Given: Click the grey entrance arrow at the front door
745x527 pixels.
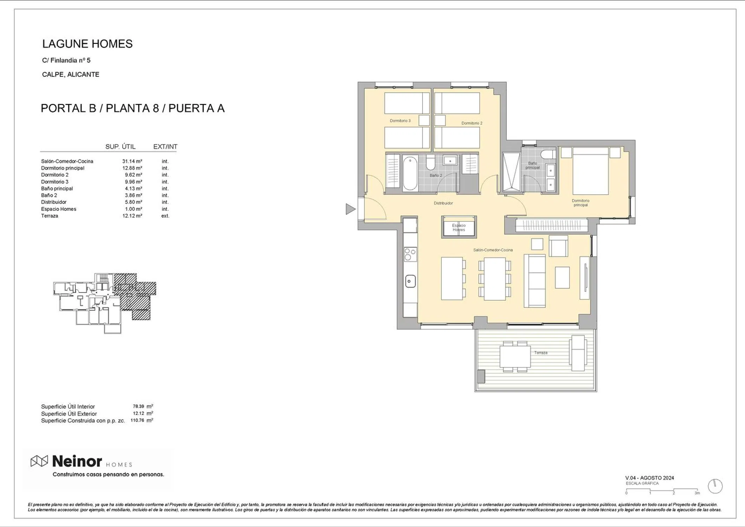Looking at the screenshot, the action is (x=350, y=209).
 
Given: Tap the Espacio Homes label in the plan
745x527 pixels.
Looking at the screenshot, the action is (x=459, y=228).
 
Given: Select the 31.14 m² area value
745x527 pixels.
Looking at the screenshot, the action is (x=132, y=161).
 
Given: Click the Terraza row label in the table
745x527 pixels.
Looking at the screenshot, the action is (x=50, y=216).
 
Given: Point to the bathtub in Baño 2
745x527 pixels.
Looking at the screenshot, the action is (x=410, y=173).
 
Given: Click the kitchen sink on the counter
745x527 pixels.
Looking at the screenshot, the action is (x=410, y=281).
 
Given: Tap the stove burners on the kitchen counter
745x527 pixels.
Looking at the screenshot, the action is (x=410, y=254).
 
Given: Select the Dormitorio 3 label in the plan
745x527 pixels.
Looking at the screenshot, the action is (x=400, y=121).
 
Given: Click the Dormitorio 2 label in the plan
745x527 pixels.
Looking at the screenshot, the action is (x=472, y=123).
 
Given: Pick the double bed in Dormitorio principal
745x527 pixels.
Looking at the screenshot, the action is (x=590, y=171).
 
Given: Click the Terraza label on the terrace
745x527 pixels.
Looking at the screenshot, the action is (x=541, y=352).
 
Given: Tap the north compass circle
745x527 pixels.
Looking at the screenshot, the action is (x=715, y=486).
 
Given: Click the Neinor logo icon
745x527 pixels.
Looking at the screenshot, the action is (x=39, y=461).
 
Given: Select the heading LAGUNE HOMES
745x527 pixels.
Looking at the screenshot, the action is (x=87, y=44).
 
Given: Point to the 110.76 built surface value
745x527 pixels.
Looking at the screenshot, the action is (x=137, y=420).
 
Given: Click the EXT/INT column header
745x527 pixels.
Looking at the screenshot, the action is (x=165, y=147).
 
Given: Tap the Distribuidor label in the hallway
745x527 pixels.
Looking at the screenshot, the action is (x=443, y=203).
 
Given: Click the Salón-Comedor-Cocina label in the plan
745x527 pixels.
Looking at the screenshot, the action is (x=493, y=250).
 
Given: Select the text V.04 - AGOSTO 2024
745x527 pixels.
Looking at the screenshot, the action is (x=649, y=478).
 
